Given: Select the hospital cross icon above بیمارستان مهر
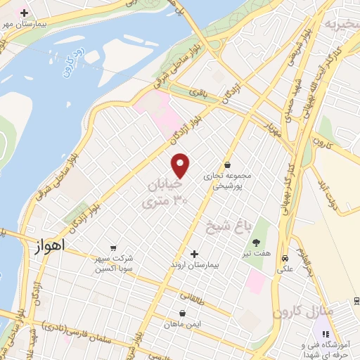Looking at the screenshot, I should (25, 13).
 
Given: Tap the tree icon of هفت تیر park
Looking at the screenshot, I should (255, 242).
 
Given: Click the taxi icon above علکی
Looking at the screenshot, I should (285, 257).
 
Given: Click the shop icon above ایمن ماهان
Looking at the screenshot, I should (183, 313).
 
